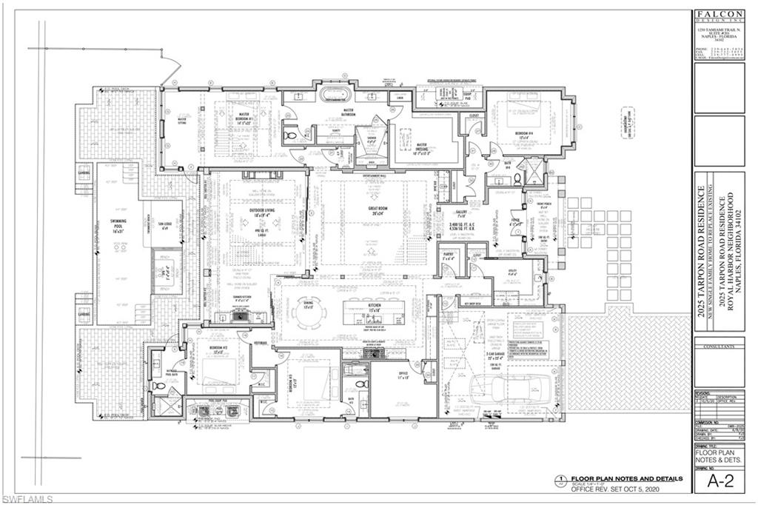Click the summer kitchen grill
(x=241, y=314)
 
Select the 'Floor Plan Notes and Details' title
(x=614, y=478)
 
